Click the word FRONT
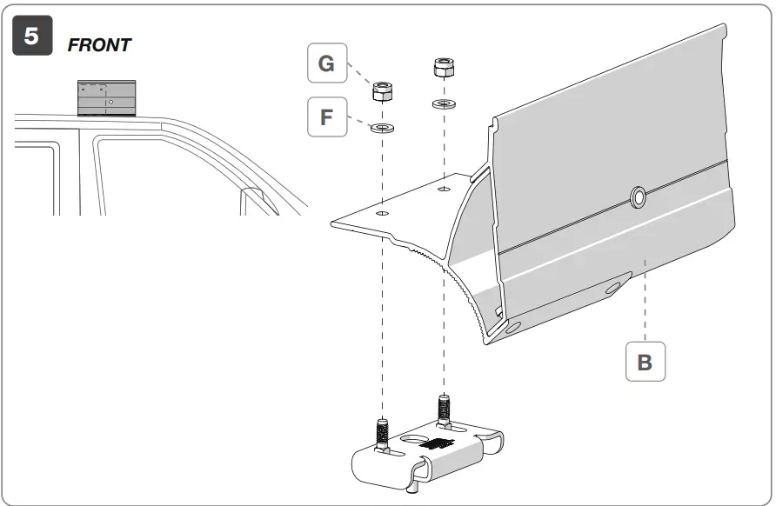coord(99,45)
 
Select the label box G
coord(327,63)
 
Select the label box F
coord(327,117)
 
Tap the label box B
coord(645,361)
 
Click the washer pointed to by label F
coord(381,129)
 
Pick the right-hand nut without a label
coord(444,68)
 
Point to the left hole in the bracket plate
coord(382,210)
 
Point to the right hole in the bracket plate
coord(444,187)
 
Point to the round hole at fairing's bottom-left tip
coord(510,325)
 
